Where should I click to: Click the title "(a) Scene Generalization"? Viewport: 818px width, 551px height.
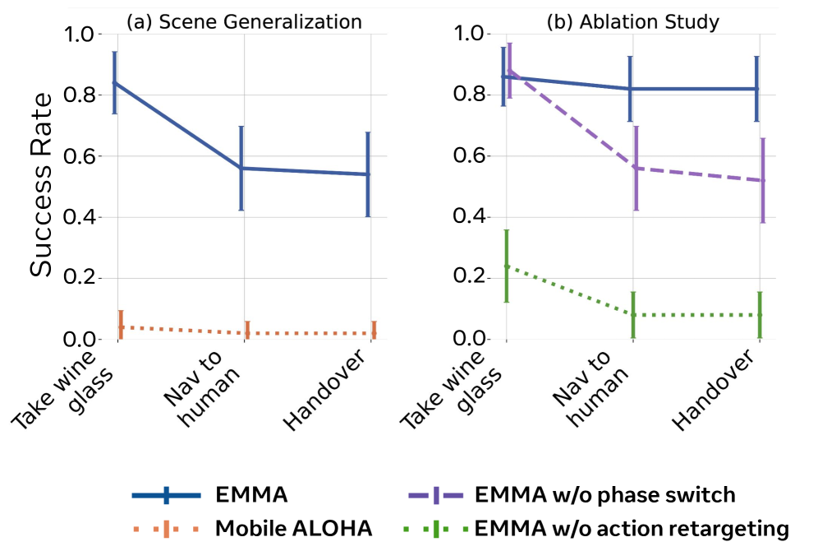tap(244, 22)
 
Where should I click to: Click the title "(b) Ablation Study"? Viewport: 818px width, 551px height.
tap(632, 22)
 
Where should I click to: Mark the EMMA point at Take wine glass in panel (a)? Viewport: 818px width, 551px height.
tap(115, 82)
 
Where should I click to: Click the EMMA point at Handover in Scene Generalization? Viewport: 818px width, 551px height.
tap(368, 174)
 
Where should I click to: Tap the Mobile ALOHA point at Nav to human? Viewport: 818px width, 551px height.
tap(246, 333)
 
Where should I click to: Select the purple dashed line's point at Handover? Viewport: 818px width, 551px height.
tap(763, 180)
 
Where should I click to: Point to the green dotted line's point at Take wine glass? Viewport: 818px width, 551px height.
tap(507, 266)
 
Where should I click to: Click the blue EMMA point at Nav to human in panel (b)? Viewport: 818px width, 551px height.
tap(630, 89)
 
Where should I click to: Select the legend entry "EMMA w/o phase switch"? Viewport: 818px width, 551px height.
tap(604, 495)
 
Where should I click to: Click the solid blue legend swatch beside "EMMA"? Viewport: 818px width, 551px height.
tap(166, 495)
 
